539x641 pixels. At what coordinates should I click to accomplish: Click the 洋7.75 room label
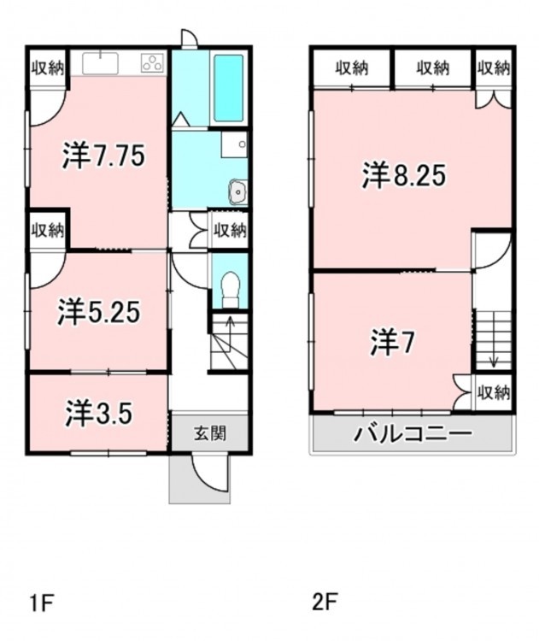(104, 156)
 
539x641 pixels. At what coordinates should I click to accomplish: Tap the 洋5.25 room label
(99, 312)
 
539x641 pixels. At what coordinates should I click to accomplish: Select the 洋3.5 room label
(99, 414)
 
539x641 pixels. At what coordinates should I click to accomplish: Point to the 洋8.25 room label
(404, 175)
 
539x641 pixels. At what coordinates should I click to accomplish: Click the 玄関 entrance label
(210, 433)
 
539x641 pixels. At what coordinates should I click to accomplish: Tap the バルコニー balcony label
(413, 433)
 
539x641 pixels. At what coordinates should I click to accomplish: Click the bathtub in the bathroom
(229, 88)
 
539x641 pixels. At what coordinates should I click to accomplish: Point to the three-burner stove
(153, 63)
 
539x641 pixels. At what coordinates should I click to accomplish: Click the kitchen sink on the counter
(100, 64)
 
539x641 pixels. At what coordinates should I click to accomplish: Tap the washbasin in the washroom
(237, 191)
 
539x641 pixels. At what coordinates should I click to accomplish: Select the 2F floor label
(325, 603)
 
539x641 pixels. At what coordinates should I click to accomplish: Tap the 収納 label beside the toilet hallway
(231, 231)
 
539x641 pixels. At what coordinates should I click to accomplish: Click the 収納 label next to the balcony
(494, 393)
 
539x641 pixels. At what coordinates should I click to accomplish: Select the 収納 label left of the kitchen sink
(49, 68)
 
